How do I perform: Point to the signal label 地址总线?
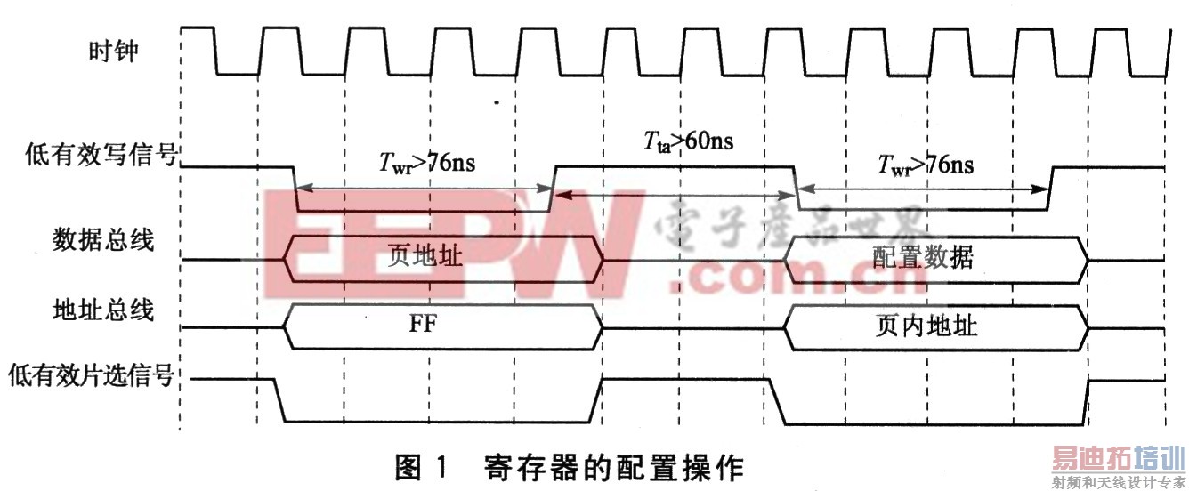coord(102,310)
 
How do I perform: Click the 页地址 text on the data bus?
coord(426,256)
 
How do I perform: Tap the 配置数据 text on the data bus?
coord(923,256)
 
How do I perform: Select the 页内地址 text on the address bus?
coord(926,326)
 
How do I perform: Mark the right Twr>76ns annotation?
coord(926,165)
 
